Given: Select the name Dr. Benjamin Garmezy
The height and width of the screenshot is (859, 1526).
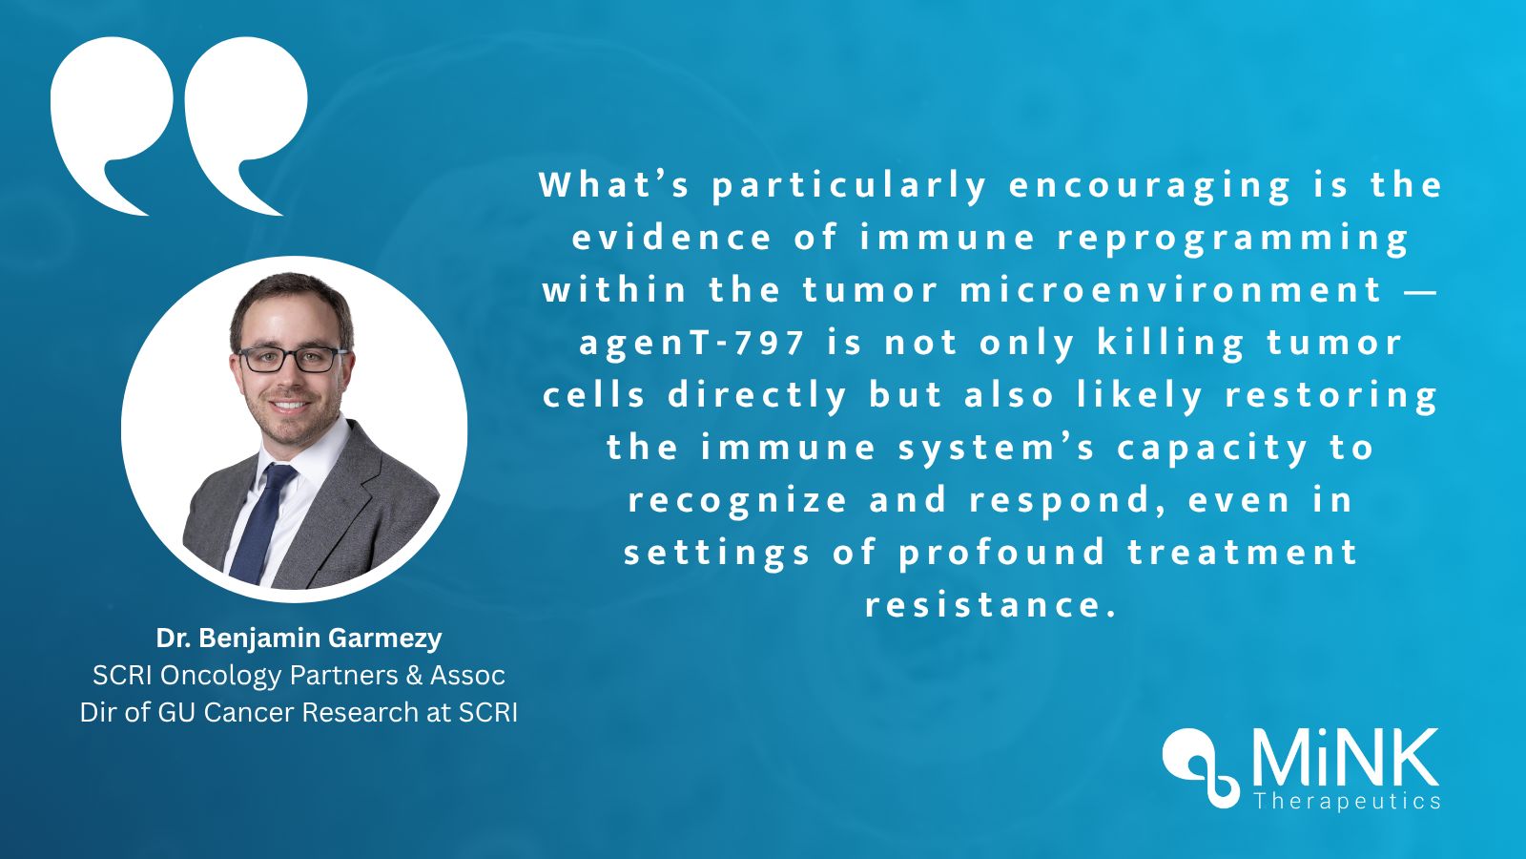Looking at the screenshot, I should pyautogui.click(x=299, y=638).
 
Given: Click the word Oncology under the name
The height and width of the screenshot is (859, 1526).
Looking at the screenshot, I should pyautogui.click(x=220, y=675).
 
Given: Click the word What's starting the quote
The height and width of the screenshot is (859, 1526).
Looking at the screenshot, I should pyautogui.click(x=614, y=184).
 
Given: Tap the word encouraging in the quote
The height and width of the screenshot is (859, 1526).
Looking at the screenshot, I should pyautogui.click(x=1148, y=185).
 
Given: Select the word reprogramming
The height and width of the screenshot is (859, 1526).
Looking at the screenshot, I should pyautogui.click(x=1232, y=238).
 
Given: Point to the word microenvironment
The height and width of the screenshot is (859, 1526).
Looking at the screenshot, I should pyautogui.click(x=1170, y=289).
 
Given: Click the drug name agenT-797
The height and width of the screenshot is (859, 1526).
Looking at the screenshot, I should pyautogui.click(x=692, y=342).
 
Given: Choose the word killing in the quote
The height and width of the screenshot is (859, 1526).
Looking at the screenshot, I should pyautogui.click(x=1170, y=342).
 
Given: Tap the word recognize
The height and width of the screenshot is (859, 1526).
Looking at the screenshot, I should pyautogui.click(x=737, y=499).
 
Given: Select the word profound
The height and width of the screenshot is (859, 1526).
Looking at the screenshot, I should pyautogui.click(x=1001, y=552).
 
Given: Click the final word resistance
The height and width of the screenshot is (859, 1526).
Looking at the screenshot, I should pyautogui.click(x=990, y=604).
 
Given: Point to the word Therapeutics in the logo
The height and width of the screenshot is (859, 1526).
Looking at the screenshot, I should pyautogui.click(x=1347, y=801).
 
